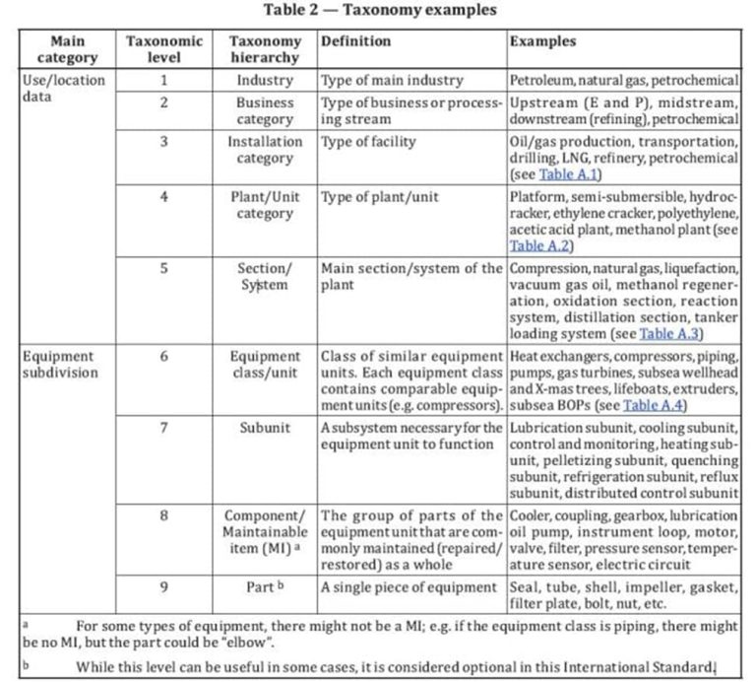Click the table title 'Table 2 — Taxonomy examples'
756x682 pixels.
pyautogui.click(x=379, y=11)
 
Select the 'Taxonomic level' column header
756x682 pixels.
pyautogui.click(x=164, y=49)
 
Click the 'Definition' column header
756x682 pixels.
pyautogui.click(x=355, y=41)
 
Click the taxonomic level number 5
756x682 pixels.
pyautogui.click(x=164, y=268)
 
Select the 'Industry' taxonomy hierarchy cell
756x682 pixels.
pyautogui.click(x=265, y=80)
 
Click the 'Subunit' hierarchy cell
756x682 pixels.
pyautogui.click(x=265, y=428)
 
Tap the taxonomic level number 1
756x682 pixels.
pyautogui.click(x=164, y=80)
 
